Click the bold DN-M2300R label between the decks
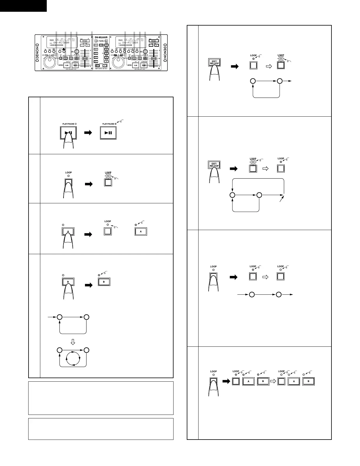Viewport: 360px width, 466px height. (x=101, y=37)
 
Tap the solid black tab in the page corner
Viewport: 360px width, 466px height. (x=23, y=6)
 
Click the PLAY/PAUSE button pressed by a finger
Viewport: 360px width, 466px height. (x=68, y=133)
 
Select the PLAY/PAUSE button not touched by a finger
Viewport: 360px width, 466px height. (x=108, y=133)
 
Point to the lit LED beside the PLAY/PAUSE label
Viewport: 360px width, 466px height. (x=116, y=124)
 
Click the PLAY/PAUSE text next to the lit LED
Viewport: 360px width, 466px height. (x=108, y=124)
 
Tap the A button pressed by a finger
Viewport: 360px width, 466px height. (x=68, y=232)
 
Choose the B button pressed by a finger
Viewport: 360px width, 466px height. (x=68, y=282)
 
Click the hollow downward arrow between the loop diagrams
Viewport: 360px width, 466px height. (x=73, y=342)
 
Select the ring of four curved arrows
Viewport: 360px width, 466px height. (x=73, y=358)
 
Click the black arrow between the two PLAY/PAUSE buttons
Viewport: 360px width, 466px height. (x=88, y=133)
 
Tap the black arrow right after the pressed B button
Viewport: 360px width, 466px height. (x=89, y=285)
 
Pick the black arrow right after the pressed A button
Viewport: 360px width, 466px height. (x=88, y=234)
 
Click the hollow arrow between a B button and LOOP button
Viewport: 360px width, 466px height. (x=272, y=381)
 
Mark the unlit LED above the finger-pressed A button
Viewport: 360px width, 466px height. (x=63, y=225)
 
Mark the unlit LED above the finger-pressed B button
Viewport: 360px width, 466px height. (x=63, y=275)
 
